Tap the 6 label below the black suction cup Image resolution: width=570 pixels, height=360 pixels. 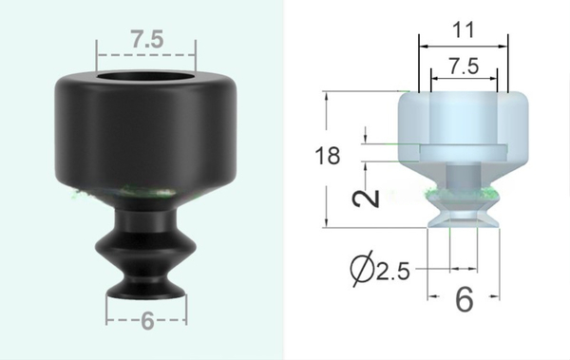(x=146, y=321)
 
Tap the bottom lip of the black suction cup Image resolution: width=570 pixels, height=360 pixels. (x=145, y=288)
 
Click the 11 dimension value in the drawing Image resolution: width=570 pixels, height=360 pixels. (x=463, y=29)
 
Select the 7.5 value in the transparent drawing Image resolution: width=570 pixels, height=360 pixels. (x=463, y=67)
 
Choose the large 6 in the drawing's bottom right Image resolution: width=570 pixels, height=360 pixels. (x=464, y=300)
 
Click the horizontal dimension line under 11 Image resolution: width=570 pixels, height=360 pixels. (x=463, y=44)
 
